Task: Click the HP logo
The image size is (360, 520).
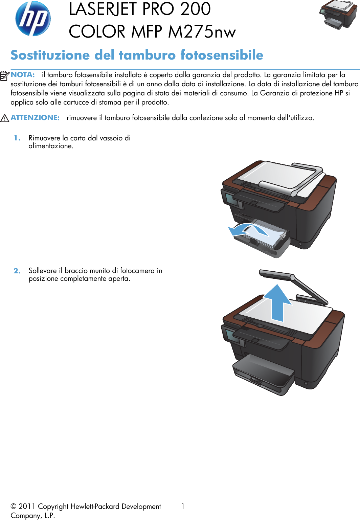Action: (33, 19)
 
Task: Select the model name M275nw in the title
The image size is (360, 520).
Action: (202, 32)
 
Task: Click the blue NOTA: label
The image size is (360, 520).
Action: (23, 75)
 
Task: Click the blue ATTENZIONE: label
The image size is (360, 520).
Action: (35, 118)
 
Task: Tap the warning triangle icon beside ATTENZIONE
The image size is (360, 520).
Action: (4, 118)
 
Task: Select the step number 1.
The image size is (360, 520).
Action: (17, 138)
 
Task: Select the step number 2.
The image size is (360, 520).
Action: (17, 271)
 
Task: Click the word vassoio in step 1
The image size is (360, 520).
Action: (111, 138)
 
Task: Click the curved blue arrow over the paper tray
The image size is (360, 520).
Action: (247, 229)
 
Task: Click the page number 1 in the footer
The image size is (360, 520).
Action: (183, 506)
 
